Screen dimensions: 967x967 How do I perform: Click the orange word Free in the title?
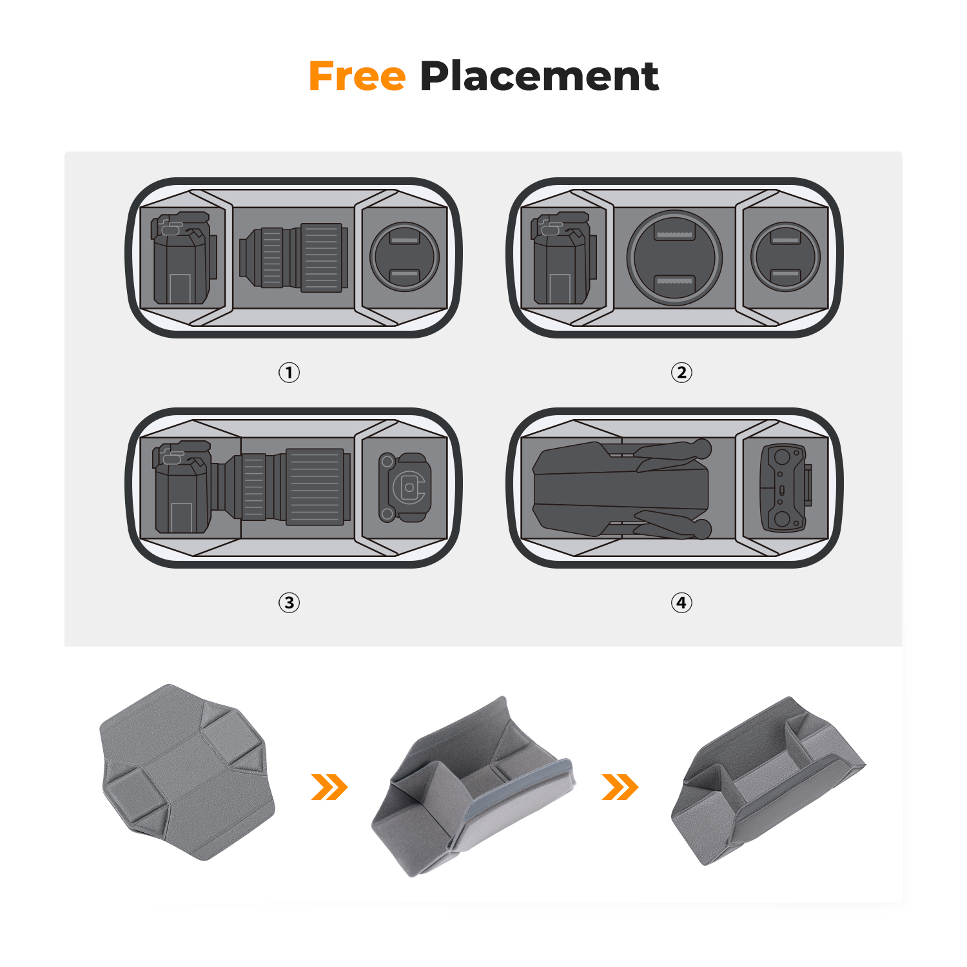pyautogui.click(x=357, y=76)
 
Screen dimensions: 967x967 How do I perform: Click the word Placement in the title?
pyautogui.click(x=539, y=76)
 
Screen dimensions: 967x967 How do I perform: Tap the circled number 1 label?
pyautogui.click(x=289, y=372)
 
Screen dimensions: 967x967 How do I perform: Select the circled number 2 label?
pyautogui.click(x=681, y=372)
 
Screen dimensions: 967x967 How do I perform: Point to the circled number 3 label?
pyautogui.click(x=289, y=602)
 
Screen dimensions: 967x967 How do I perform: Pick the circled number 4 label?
pyautogui.click(x=681, y=602)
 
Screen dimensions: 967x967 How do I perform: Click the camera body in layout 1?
pyautogui.click(x=183, y=258)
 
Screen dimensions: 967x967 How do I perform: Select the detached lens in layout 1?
pyautogui.click(x=294, y=257)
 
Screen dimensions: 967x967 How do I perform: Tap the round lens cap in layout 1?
pyautogui.click(x=404, y=257)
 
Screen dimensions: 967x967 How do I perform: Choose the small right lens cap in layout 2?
pyautogui.click(x=785, y=257)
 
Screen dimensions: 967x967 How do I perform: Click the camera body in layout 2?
pyautogui.click(x=563, y=258)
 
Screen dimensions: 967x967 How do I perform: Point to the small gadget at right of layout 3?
pyautogui.click(x=404, y=487)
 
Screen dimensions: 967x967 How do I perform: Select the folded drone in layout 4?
pyautogui.click(x=622, y=488)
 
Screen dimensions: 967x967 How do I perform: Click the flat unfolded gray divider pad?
pyautogui.click(x=187, y=772)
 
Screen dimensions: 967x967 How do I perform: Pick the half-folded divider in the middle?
pyautogui.click(x=473, y=786)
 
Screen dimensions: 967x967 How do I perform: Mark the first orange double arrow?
pyautogui.click(x=329, y=786)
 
